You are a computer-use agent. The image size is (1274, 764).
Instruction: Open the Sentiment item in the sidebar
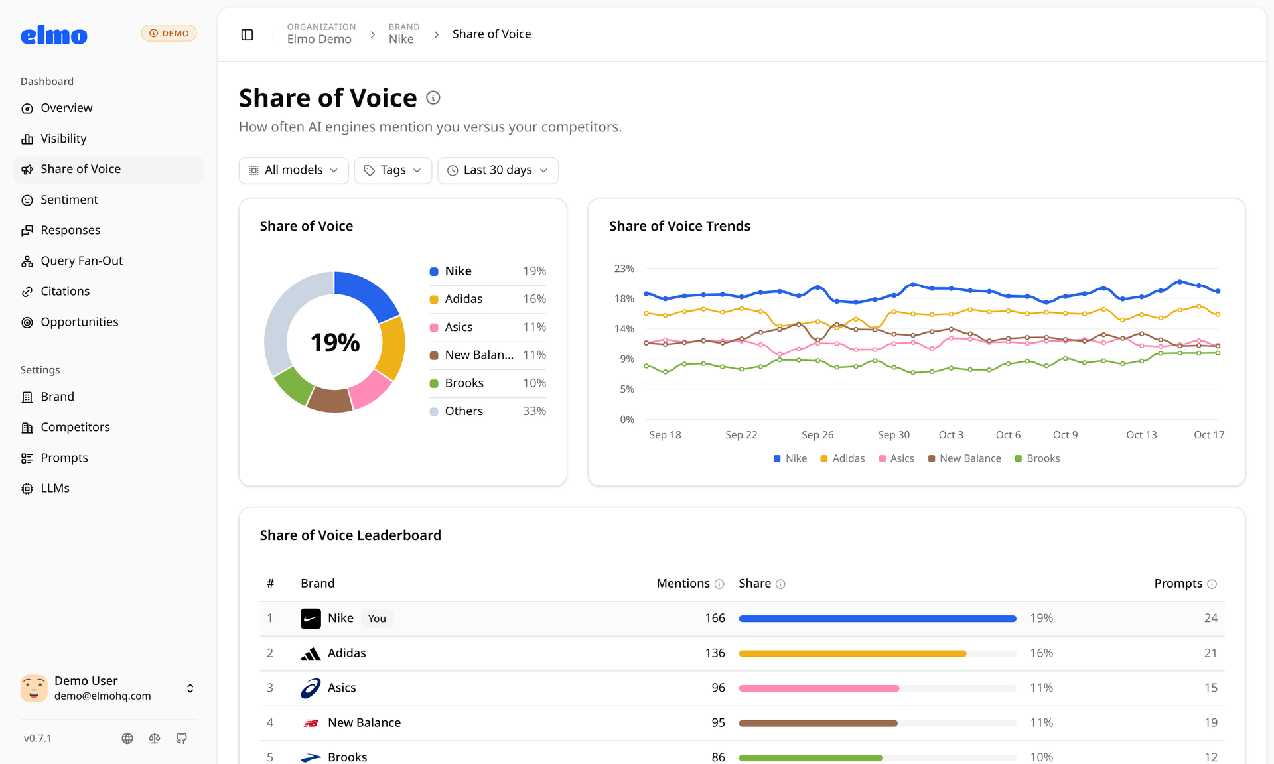(x=69, y=200)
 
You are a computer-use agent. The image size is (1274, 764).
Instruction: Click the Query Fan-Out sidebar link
(x=82, y=261)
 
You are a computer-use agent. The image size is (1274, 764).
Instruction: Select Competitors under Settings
(x=75, y=427)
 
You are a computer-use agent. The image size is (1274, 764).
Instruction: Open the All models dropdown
(x=293, y=170)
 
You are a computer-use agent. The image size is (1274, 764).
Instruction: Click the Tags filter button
(x=393, y=170)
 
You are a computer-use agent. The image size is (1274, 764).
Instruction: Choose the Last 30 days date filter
(x=498, y=170)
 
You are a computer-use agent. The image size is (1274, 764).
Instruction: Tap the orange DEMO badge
(x=169, y=33)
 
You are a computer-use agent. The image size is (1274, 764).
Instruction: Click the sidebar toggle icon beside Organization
(x=247, y=34)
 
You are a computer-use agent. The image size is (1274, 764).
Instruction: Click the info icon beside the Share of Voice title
(x=433, y=98)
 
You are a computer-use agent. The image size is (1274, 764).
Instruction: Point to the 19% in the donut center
(x=335, y=342)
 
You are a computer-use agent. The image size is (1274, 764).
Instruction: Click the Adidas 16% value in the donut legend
(x=534, y=299)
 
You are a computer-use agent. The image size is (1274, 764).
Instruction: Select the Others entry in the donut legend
(x=464, y=411)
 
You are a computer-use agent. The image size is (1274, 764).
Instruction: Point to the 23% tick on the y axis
(x=624, y=269)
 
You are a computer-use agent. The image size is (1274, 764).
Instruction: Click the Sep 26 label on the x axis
(x=817, y=435)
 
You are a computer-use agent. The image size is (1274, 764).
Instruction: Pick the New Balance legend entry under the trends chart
(x=965, y=458)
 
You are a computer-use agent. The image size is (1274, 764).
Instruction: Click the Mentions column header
(x=683, y=584)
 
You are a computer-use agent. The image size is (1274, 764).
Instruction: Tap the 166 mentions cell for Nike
(x=715, y=618)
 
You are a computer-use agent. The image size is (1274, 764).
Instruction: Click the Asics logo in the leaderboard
(x=311, y=688)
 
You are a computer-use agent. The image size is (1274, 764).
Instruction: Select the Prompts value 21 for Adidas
(x=1211, y=653)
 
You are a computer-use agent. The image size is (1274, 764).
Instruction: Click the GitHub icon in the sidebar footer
(x=182, y=738)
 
